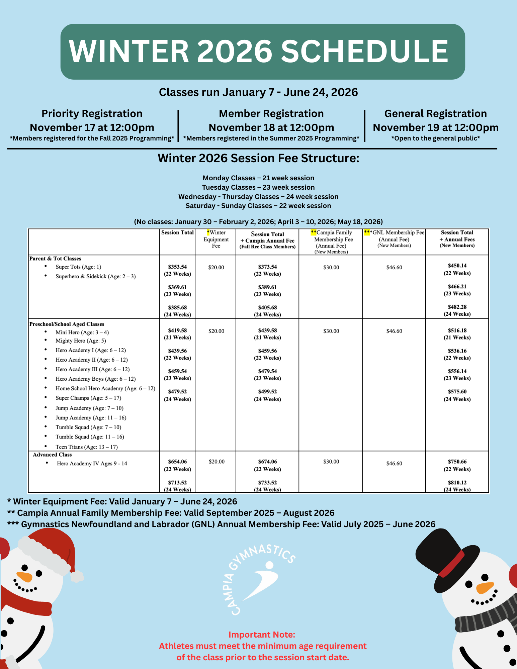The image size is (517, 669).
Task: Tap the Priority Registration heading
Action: (92, 114)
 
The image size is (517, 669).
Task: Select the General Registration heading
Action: (435, 114)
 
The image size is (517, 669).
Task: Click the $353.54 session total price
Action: (177, 267)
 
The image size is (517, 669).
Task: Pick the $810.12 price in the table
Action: (457, 483)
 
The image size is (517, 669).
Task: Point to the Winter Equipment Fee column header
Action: (216, 239)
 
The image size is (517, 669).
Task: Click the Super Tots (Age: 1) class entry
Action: (78, 267)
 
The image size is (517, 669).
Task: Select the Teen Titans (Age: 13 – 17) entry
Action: (86, 447)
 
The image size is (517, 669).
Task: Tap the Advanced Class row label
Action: (52, 455)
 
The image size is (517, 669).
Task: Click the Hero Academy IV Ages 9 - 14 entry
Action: (92, 464)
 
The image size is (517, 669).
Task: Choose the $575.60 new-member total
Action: (457, 392)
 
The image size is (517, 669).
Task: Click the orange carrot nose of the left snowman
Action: (24, 577)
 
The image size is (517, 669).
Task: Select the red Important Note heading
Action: (262, 635)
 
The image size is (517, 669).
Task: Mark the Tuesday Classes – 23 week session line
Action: (258, 187)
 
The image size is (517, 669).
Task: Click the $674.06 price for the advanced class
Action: (267, 462)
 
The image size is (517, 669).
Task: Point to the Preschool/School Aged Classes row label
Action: (67, 324)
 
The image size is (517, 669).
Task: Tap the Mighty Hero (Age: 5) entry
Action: (81, 341)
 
